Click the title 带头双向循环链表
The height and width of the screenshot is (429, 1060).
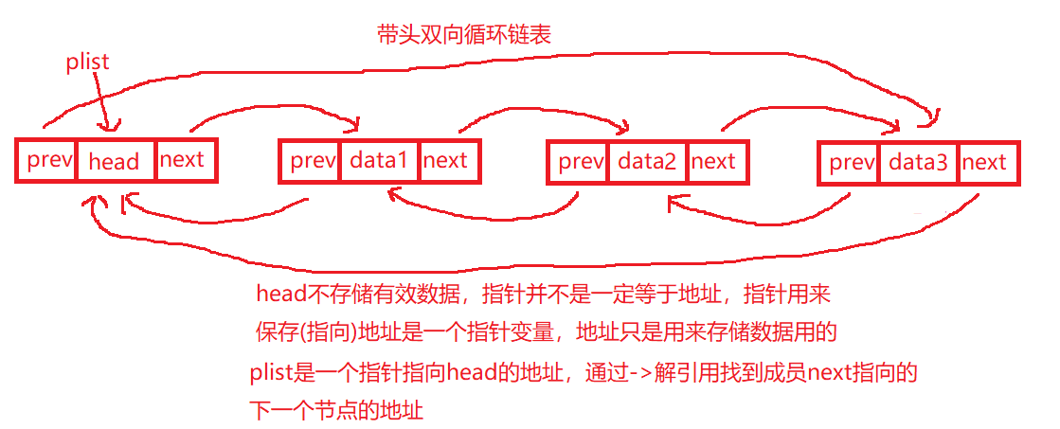click(x=463, y=35)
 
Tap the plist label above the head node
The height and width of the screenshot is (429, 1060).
click(x=88, y=63)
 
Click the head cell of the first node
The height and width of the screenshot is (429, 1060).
click(x=114, y=161)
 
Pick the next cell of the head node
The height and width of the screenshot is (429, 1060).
click(x=182, y=159)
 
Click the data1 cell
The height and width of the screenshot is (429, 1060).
click(x=378, y=161)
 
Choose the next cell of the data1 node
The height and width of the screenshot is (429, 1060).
click(x=445, y=161)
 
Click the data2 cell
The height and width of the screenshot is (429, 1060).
click(x=647, y=162)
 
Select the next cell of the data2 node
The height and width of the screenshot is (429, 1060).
click(x=713, y=162)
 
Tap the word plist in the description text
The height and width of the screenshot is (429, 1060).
click(x=272, y=372)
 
